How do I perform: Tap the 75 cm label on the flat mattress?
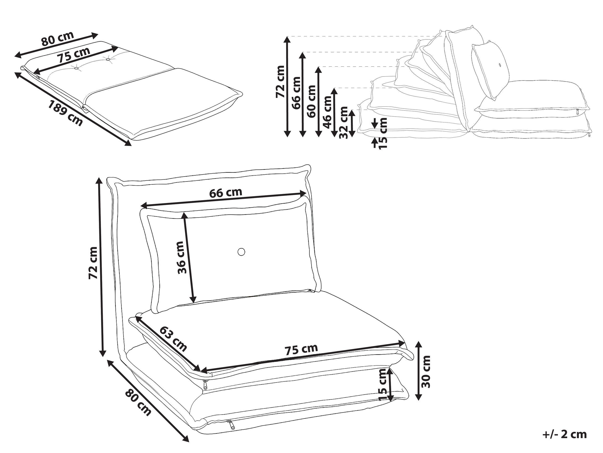(x=73, y=55)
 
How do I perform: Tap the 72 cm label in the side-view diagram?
(x=280, y=81)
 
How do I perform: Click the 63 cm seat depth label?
(x=173, y=339)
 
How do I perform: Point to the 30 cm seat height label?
(x=426, y=371)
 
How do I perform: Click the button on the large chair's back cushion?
(x=241, y=252)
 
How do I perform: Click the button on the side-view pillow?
(x=500, y=65)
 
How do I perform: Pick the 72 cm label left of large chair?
(x=93, y=263)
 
